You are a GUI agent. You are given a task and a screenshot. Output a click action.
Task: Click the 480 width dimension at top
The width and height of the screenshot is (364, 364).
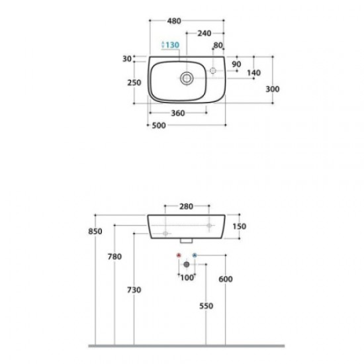(174, 21)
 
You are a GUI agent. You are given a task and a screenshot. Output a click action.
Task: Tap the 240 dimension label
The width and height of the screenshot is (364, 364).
(205, 34)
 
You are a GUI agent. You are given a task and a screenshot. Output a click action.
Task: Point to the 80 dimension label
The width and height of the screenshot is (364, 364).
(218, 45)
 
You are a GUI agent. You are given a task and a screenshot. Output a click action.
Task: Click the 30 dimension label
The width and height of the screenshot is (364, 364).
(127, 59)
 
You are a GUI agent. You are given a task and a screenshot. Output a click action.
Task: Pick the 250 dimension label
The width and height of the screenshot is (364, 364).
(134, 83)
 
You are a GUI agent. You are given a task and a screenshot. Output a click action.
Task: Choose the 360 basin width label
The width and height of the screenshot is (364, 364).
(178, 113)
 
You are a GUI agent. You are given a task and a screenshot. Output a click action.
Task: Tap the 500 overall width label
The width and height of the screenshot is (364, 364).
(159, 126)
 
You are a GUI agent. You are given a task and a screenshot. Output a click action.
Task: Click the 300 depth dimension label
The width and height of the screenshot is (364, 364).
(273, 89)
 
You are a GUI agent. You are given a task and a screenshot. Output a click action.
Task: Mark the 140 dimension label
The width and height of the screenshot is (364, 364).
(253, 73)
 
